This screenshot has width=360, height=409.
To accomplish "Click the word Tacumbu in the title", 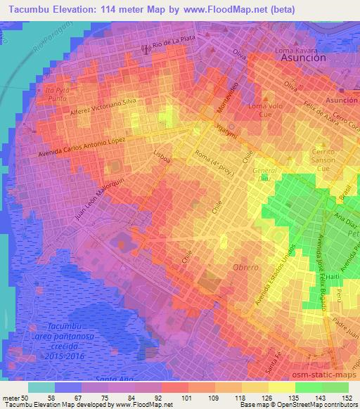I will click(25, 9).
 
